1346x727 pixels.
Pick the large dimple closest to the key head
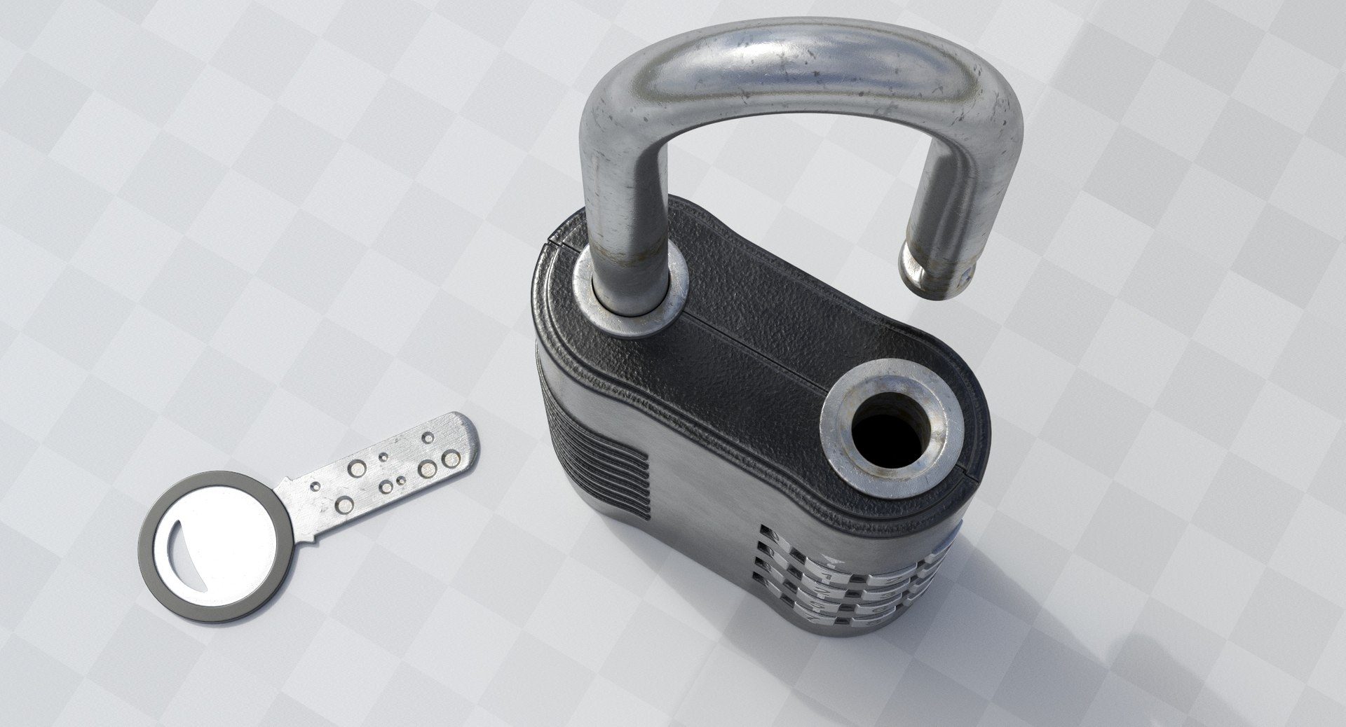point(346,503)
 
